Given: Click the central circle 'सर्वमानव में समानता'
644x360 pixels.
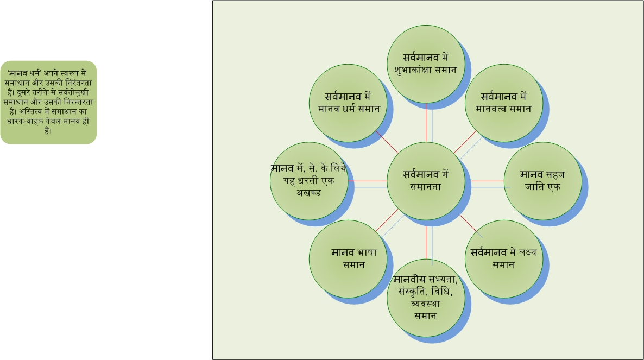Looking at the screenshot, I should coord(426,181).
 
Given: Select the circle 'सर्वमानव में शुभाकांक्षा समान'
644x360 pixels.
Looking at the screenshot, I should coord(426,64).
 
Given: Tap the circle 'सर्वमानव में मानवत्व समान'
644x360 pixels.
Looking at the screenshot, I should coord(504,103).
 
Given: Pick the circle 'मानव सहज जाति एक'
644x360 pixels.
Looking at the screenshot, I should coord(542,181).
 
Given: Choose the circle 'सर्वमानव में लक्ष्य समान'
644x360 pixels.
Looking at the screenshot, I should coord(504,259).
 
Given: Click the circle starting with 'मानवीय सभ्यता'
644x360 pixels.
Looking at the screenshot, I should coord(426,298).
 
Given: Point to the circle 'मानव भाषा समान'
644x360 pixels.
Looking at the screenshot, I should coord(348,259).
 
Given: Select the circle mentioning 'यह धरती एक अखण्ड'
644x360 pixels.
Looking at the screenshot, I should coord(309,181).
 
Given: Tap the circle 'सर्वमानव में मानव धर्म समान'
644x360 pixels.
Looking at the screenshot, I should coord(348,103).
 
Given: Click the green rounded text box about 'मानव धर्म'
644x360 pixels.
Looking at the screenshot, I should coord(48,102).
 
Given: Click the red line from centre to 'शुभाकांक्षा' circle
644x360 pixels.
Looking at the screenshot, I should coord(426,122).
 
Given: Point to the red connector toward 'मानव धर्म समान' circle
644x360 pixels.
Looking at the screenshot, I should coord(387,142).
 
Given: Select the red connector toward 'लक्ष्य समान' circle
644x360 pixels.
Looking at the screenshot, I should coord(468,223).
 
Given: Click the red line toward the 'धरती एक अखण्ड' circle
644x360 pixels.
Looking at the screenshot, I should coord(367,181).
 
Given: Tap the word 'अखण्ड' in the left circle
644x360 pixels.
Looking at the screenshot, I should coord(309,193).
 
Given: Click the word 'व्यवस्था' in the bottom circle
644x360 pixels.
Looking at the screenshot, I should coord(426,304).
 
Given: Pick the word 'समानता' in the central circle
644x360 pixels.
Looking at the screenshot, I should coord(426,187).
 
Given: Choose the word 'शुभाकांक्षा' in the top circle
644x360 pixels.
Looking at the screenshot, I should coord(414,70).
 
